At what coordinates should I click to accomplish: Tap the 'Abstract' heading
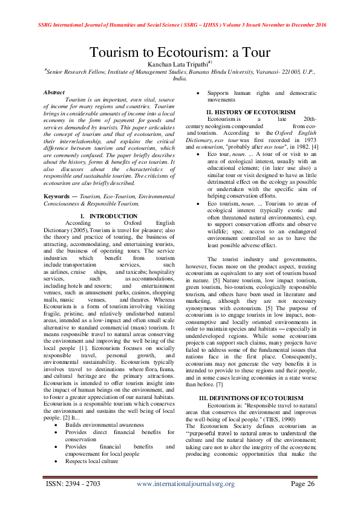[x=54, y=92]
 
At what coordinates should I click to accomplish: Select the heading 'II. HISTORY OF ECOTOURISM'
[x=250, y=112]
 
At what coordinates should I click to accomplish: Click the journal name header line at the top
[x=180, y=8]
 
